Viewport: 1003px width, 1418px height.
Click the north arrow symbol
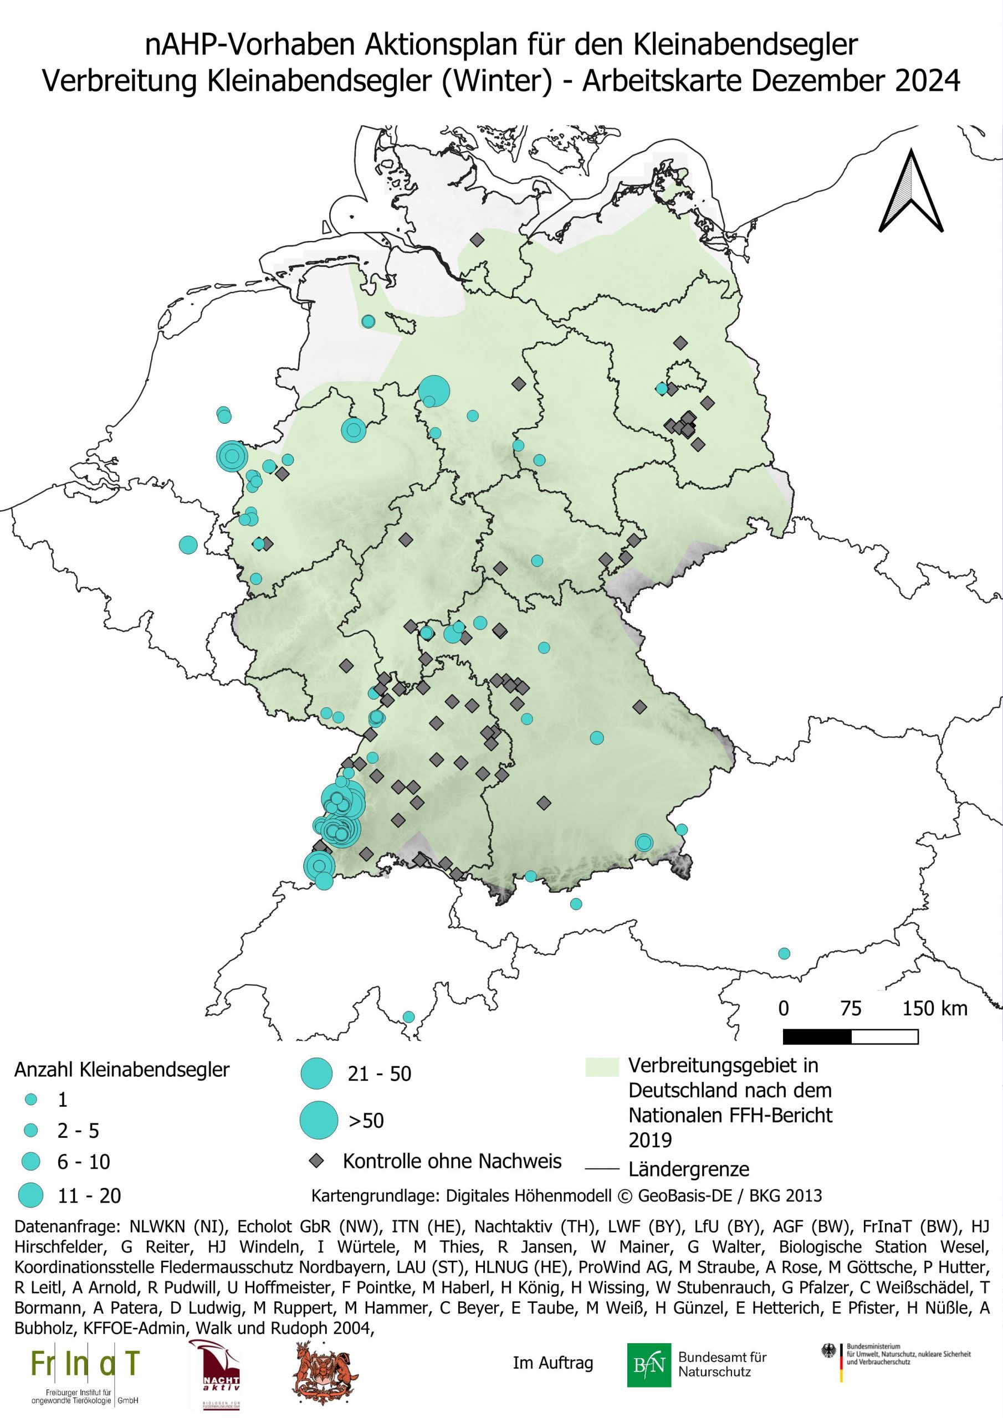point(911,192)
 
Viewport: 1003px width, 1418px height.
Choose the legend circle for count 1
point(31,1100)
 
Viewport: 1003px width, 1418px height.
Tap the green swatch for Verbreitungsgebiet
point(601,1067)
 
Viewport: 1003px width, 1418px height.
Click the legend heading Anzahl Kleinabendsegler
point(122,1069)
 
